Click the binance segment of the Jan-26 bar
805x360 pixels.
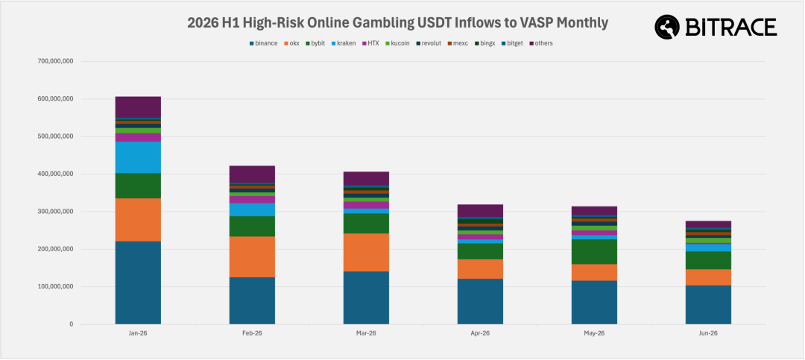pyautogui.click(x=138, y=282)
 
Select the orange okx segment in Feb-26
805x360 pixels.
pyautogui.click(x=252, y=257)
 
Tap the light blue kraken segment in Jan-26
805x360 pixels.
pyautogui.click(x=138, y=157)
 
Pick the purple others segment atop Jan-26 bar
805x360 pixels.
pyautogui.click(x=138, y=107)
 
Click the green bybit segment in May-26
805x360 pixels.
pyautogui.click(x=594, y=252)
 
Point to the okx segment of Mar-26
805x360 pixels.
pyautogui.click(x=366, y=253)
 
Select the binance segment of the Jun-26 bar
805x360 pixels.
pyautogui.click(x=708, y=305)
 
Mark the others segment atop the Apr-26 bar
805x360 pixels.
pyautogui.click(x=480, y=210)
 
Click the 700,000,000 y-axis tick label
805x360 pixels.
pyautogui.click(x=56, y=61)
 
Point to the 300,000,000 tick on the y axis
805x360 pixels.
pyautogui.click(x=56, y=212)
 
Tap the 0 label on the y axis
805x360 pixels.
pyautogui.click(x=72, y=324)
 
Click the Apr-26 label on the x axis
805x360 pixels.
pyautogui.click(x=480, y=333)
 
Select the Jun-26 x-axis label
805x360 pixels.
pyautogui.click(x=708, y=333)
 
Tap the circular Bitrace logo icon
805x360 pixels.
pyautogui.click(x=667, y=27)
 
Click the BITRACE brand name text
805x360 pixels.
pyautogui.click(x=730, y=27)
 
